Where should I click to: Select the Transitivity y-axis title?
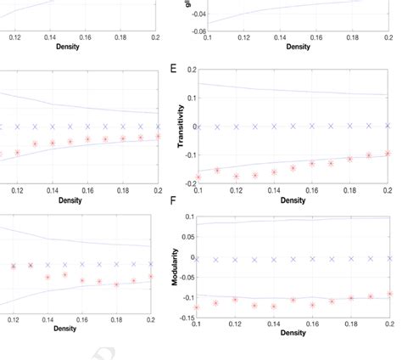tap(181, 127)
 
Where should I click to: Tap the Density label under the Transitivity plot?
tap(293, 200)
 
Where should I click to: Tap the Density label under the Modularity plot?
tap(293, 334)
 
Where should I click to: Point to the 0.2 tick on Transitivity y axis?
tap(187, 70)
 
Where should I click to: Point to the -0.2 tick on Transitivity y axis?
tap(186, 184)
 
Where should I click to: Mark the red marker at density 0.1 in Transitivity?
tap(198, 177)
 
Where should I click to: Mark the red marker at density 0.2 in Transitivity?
tap(387, 154)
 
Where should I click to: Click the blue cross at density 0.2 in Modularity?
tap(387, 256)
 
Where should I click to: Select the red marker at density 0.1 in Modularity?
tap(198, 307)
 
